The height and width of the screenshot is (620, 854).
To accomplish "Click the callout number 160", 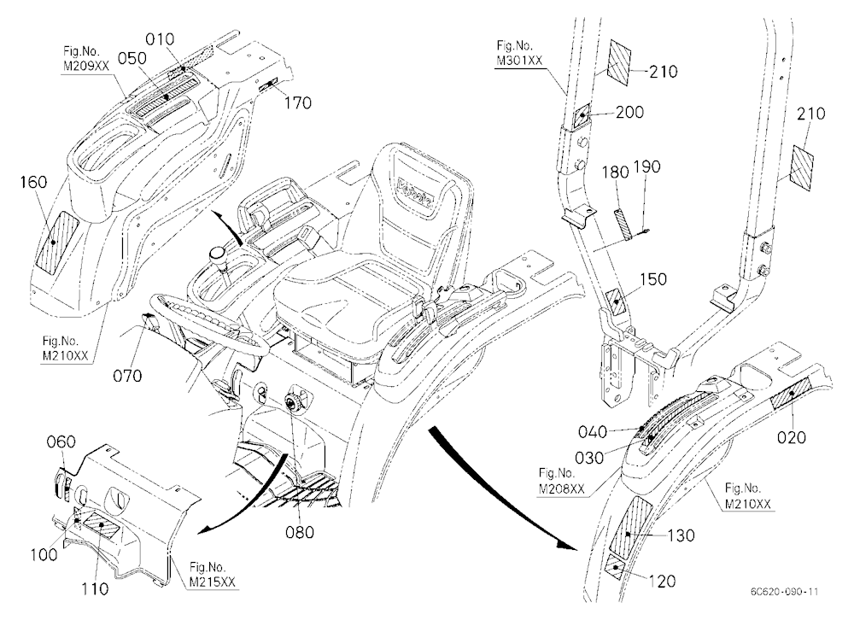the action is (x=34, y=182).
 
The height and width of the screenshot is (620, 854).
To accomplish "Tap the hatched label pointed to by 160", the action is (x=56, y=242).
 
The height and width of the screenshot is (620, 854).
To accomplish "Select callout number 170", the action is (x=297, y=102).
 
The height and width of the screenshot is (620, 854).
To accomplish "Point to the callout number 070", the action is (x=127, y=376).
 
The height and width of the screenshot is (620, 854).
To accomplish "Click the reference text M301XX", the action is (x=519, y=61).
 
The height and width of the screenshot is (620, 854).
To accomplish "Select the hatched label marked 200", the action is (x=582, y=115).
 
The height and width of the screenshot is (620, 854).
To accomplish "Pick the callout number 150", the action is (x=652, y=279).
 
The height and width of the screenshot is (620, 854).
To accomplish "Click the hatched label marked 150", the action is (x=616, y=301).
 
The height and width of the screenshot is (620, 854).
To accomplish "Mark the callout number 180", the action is (x=615, y=173).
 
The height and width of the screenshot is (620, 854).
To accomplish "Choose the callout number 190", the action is (x=646, y=167).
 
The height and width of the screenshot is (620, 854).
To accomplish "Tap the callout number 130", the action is (x=681, y=535).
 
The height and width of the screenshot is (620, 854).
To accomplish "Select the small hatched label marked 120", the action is (x=617, y=566).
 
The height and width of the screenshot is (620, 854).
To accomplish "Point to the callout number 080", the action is (x=300, y=531).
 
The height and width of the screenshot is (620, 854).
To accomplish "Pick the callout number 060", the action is (x=61, y=442).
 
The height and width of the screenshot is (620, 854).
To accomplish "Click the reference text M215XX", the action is (x=213, y=582).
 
